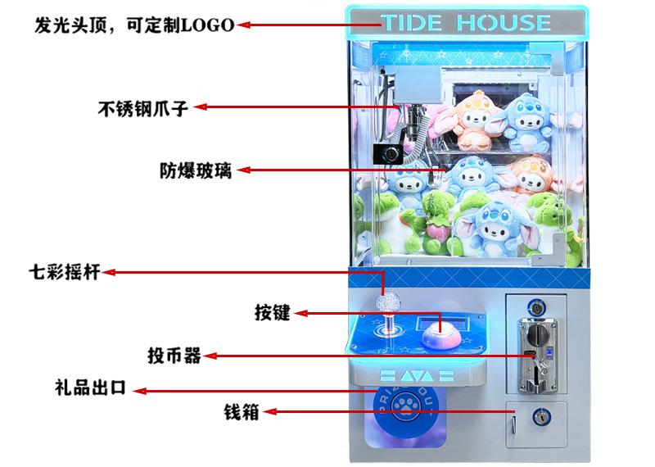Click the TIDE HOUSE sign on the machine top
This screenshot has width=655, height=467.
[467, 22]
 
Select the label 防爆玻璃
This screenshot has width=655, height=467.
[196, 171]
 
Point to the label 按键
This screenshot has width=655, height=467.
[273, 312]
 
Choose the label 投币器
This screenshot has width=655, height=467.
[174, 356]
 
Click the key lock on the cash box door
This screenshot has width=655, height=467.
[540, 418]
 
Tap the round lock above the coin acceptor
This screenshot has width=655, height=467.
[536, 309]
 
